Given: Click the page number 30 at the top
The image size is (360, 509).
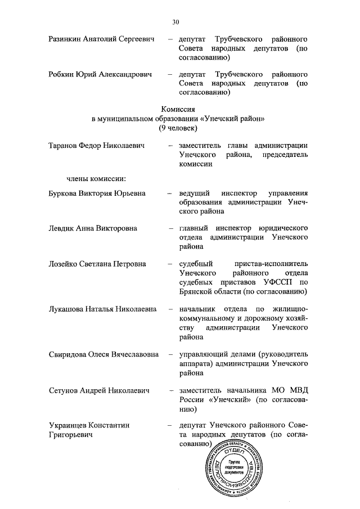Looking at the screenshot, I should (175, 22).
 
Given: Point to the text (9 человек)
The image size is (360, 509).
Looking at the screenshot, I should (178, 128).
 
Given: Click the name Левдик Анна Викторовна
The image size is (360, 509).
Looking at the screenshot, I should (93, 228).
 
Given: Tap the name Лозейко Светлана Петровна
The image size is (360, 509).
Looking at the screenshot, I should (97, 263).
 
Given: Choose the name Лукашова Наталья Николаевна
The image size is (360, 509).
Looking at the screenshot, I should (101, 309).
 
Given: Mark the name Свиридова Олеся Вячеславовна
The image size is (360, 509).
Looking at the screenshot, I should (103, 355).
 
